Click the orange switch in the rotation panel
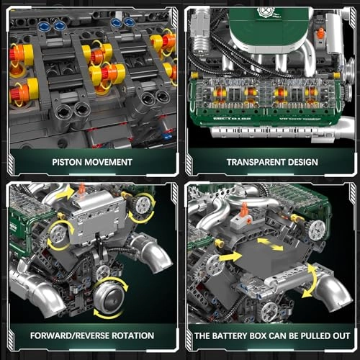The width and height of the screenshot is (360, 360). [x=81, y=189]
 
